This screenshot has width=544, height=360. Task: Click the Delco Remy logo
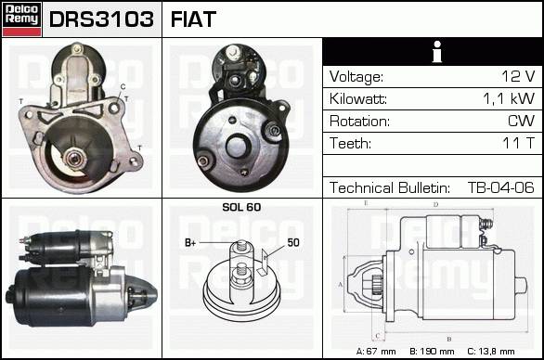(21, 19)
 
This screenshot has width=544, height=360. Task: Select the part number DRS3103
(101, 19)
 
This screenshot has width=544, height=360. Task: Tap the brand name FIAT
(193, 19)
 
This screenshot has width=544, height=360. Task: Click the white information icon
(437, 52)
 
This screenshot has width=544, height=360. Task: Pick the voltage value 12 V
(518, 76)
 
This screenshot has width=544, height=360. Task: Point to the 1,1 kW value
(509, 98)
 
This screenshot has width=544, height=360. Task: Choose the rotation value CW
(521, 121)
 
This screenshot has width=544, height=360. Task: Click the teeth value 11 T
(518, 143)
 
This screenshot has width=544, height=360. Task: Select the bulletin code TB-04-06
(501, 187)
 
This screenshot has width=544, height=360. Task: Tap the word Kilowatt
(358, 99)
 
